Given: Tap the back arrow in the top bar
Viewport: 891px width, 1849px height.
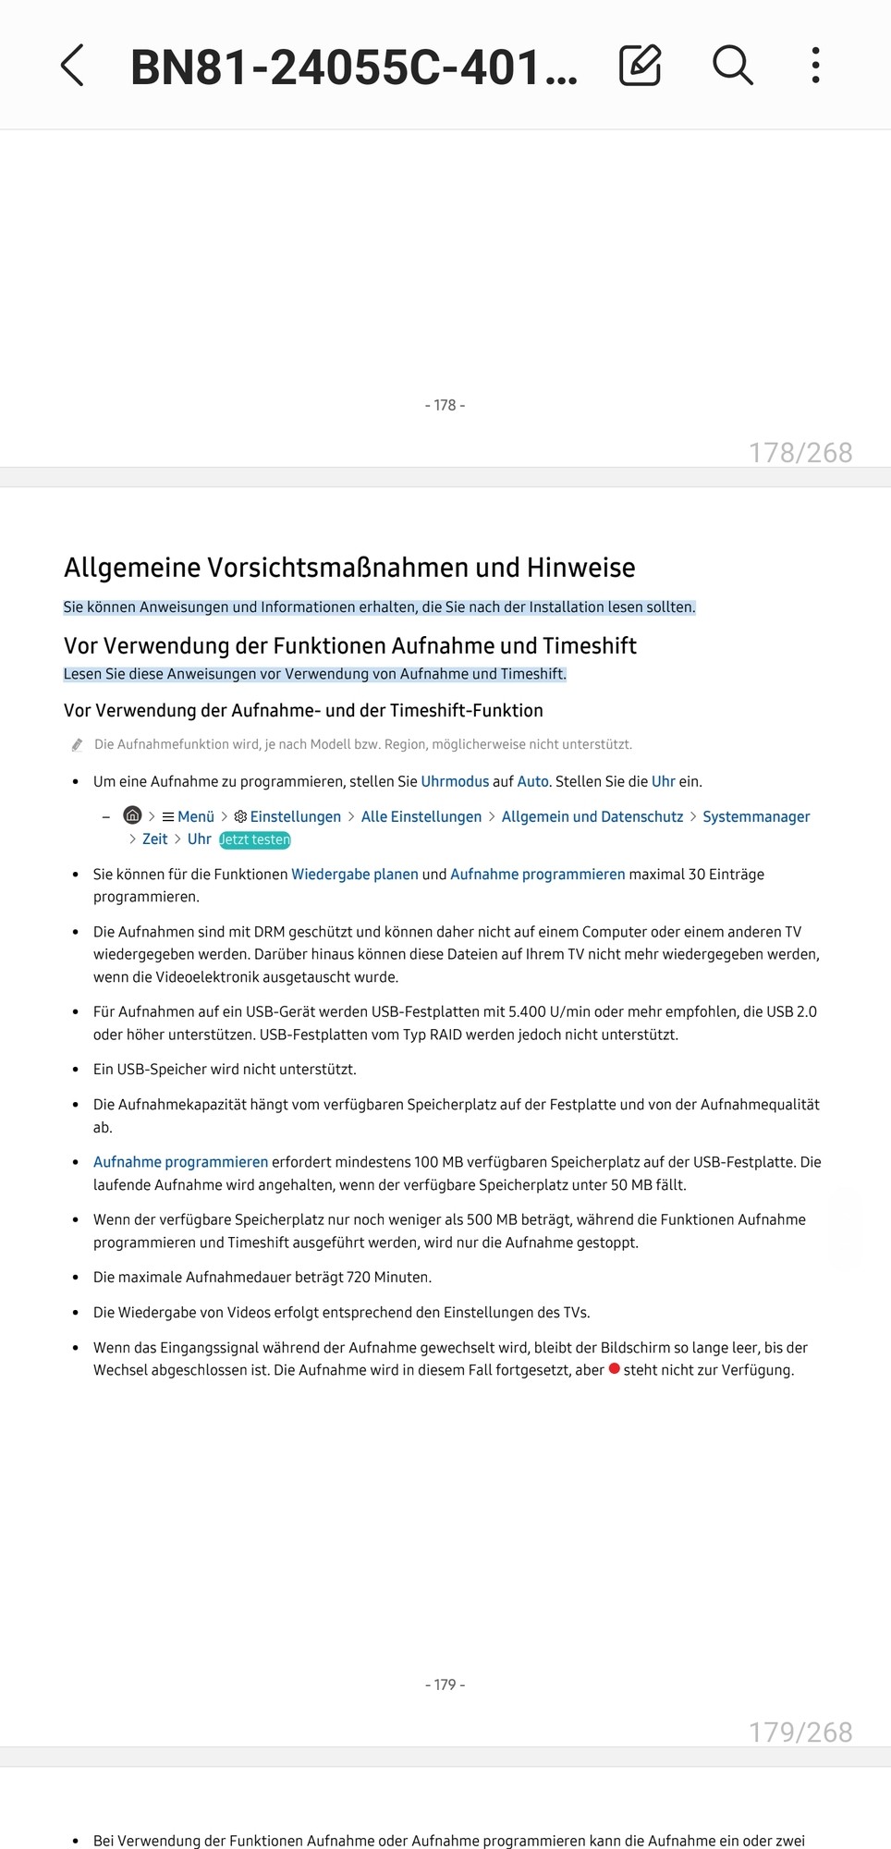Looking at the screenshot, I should [72, 66].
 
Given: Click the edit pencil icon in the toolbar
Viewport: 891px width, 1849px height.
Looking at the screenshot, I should [640, 66].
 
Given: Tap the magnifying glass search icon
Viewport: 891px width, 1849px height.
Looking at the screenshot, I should [732, 66].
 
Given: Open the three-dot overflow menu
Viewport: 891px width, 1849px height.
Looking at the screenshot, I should [815, 66].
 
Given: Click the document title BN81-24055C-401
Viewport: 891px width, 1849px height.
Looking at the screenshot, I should [354, 67].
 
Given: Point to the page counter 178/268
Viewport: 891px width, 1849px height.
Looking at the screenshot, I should [800, 452].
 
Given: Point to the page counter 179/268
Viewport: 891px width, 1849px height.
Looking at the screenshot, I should [800, 1732].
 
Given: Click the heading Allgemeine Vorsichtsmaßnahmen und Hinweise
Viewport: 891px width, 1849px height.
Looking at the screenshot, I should [349, 568].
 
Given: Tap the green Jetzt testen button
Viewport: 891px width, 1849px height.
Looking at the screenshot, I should [254, 839].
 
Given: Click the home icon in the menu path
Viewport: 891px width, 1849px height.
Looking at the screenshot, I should [133, 815].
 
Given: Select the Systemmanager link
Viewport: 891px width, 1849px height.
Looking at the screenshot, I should [756, 816].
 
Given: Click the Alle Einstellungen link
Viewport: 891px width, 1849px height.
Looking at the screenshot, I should [421, 816].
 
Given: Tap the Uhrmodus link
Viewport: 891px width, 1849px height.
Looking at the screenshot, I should [455, 781].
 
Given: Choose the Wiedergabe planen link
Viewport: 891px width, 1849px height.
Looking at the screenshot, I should [355, 874].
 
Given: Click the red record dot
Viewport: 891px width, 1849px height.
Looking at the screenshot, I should [614, 1368].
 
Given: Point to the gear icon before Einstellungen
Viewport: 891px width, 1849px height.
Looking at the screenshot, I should [240, 816].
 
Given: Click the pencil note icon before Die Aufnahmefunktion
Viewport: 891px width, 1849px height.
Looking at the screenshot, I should [78, 745].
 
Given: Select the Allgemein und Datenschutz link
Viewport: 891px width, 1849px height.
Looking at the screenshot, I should [592, 816].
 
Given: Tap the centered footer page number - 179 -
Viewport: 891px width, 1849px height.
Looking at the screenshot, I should [445, 1684].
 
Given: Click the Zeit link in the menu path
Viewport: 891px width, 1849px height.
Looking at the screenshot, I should [154, 839].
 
